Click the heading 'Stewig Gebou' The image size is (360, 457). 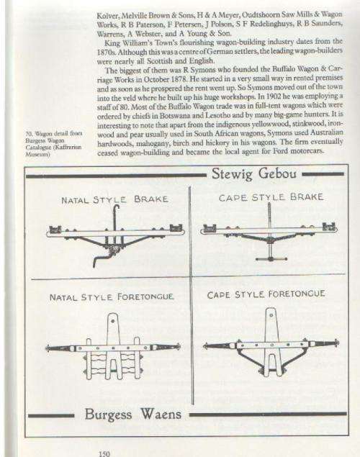(x=254, y=174)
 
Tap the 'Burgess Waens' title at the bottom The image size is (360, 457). (x=133, y=414)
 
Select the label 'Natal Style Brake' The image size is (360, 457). (x=114, y=199)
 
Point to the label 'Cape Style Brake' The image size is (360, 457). (x=271, y=197)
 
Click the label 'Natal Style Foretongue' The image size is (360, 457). (x=112, y=297)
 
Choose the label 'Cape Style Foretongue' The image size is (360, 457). (x=266, y=294)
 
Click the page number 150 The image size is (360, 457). (x=104, y=453)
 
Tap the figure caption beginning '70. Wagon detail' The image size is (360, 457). (x=53, y=144)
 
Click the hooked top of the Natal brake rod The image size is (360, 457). (x=117, y=207)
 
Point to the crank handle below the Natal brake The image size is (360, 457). (x=101, y=259)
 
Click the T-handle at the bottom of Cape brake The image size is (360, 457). (x=271, y=259)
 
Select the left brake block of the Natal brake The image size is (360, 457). (x=55, y=230)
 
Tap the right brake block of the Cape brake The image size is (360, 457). (x=329, y=227)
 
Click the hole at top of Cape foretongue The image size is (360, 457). (x=271, y=315)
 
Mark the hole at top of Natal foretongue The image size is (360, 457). (x=113, y=320)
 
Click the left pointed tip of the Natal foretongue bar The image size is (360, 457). (x=46, y=348)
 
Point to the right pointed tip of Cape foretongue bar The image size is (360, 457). (x=338, y=343)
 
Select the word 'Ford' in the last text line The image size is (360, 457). (x=279, y=151)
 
